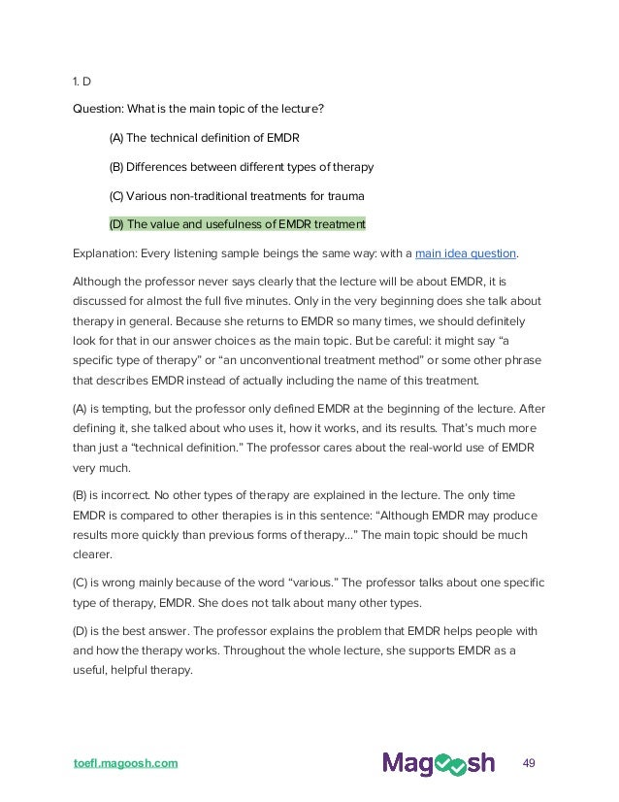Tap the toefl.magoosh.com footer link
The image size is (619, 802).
pyautogui.click(x=125, y=762)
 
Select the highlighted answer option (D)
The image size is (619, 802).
pyautogui.click(x=238, y=224)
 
